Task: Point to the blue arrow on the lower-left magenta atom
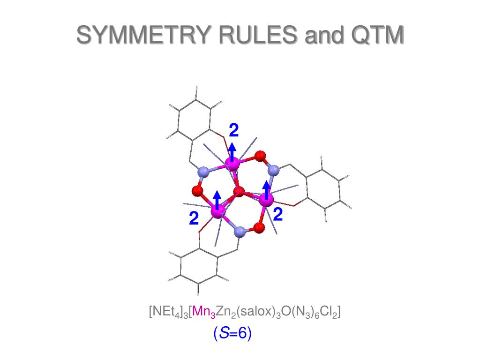[217, 200]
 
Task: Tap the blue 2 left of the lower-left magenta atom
[194, 218]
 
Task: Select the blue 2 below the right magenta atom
[277, 215]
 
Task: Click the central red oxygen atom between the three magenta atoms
[239, 191]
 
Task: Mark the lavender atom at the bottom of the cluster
[240, 231]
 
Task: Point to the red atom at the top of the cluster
[261, 155]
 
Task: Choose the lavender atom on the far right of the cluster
[275, 169]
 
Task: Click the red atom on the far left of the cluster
[197, 191]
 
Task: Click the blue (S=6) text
[232, 333]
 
